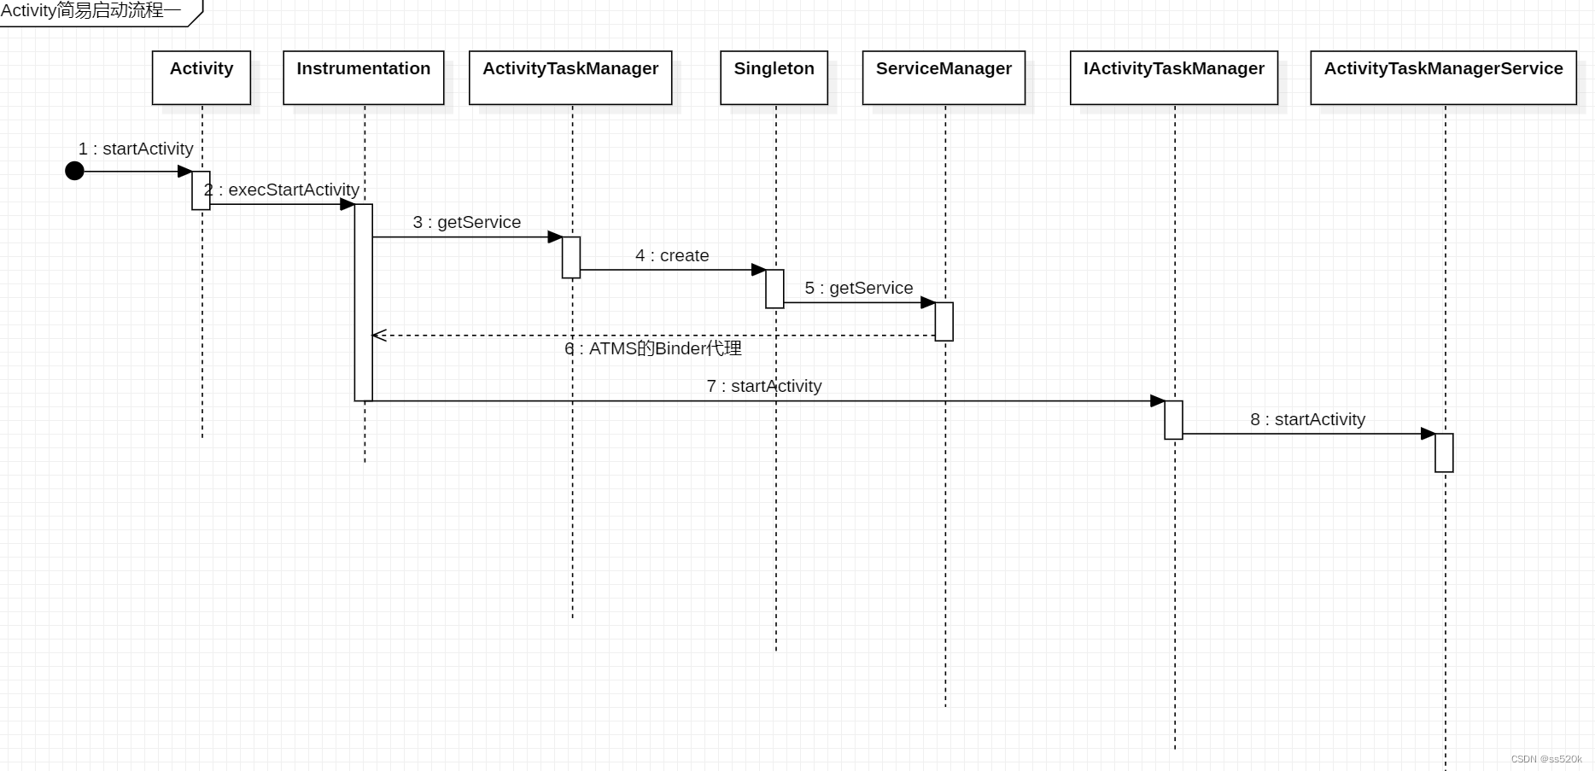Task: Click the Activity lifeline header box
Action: (202, 78)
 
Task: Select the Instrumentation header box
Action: (364, 78)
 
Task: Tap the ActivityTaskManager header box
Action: (570, 78)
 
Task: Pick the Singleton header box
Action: (774, 78)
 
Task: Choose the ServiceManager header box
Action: (944, 78)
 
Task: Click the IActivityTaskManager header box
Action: (1174, 78)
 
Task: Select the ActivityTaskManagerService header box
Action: (1443, 78)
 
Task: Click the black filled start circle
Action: (75, 171)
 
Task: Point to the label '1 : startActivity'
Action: (136, 149)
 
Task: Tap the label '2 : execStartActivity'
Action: (282, 190)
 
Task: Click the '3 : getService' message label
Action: (467, 222)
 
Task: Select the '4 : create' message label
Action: (672, 255)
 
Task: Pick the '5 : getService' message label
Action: (859, 288)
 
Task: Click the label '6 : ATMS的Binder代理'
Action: (653, 348)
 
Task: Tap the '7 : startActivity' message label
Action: (764, 386)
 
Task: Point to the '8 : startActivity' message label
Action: (1307, 419)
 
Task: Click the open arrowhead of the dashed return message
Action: (379, 336)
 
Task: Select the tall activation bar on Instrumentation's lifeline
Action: (364, 302)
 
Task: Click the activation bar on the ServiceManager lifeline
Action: (944, 321)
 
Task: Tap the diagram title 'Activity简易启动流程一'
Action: (91, 11)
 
